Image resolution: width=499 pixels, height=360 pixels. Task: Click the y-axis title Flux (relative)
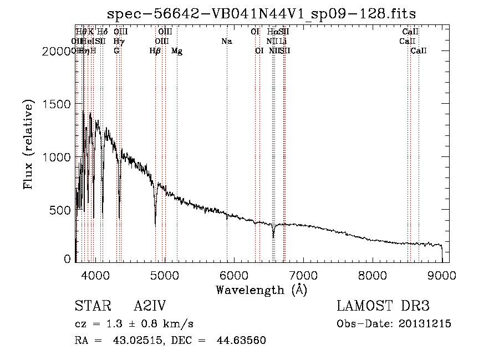(29, 144)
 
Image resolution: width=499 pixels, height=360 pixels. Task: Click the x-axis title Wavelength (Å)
(261, 290)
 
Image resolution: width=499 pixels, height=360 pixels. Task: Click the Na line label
(226, 41)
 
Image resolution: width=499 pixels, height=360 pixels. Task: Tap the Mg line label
(177, 51)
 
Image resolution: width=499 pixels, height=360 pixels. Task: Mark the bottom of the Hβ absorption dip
(155, 224)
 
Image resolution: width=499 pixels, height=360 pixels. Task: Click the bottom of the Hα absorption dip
(273, 237)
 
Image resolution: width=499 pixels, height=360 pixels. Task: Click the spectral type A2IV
(150, 306)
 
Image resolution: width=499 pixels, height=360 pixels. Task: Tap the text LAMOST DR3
(383, 306)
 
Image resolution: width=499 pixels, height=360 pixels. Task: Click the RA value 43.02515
(132, 341)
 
